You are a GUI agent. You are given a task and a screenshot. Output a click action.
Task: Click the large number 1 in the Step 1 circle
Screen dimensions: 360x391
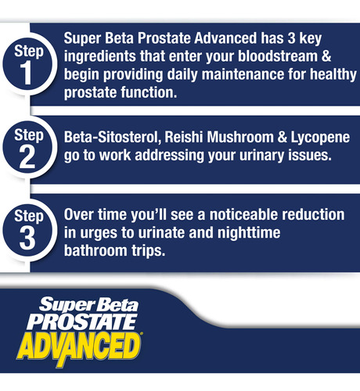(26, 74)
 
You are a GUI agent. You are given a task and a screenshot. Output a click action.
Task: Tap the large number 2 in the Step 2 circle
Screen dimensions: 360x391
(27, 157)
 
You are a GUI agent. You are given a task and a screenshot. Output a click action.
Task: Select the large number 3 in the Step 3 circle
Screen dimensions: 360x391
(27, 239)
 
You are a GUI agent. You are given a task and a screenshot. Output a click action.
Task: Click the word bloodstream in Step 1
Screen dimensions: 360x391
(278, 56)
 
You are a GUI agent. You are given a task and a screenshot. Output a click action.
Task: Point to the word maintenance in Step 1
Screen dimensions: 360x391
(243, 74)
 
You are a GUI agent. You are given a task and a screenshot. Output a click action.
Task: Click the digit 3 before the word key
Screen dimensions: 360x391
(291, 38)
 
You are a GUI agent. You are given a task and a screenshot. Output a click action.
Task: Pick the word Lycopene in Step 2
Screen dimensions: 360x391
(320, 138)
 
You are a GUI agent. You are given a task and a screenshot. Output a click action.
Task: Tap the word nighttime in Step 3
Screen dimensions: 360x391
(249, 233)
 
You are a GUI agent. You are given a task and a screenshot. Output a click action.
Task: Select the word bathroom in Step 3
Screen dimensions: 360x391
(95, 250)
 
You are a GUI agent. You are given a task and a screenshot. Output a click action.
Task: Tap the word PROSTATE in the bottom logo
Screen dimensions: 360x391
(82, 321)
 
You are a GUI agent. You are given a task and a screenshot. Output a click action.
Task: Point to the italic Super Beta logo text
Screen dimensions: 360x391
(88, 304)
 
